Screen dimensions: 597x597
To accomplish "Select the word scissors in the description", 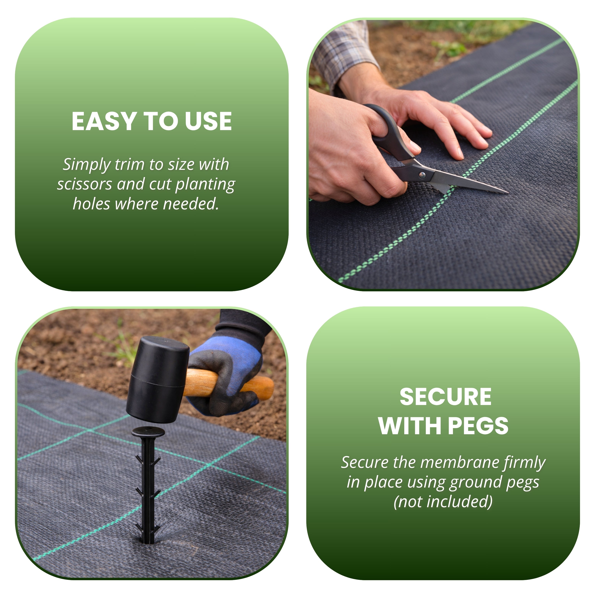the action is [x=84, y=184].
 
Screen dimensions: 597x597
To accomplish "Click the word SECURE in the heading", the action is [x=445, y=397].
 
